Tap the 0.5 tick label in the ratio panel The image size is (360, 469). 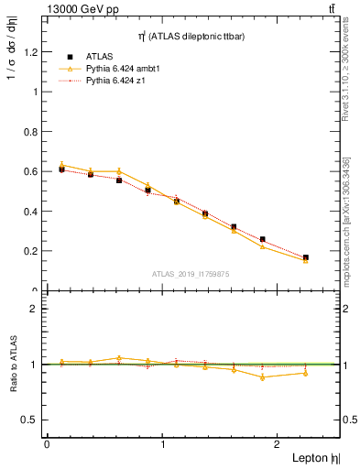pos(30,420)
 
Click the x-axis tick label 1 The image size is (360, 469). pos(163,444)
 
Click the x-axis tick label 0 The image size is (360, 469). pos(47,444)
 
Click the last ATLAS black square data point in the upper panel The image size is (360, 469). pos(306,258)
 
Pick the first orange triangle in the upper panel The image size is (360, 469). pos(61,165)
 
